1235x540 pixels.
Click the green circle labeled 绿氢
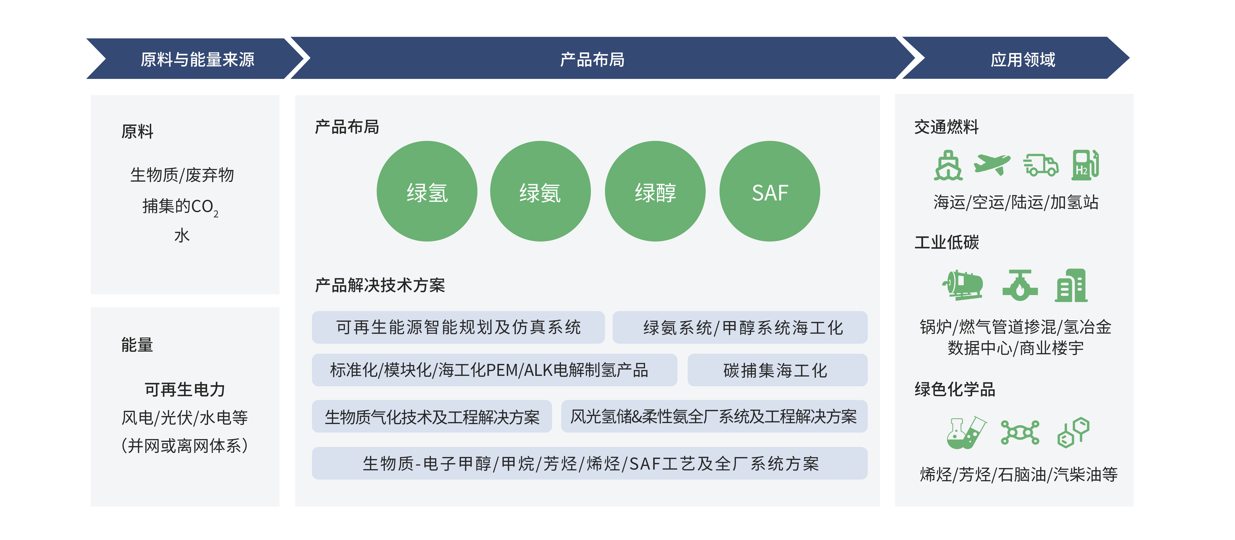coord(427,191)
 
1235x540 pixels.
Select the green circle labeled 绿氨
coord(540,191)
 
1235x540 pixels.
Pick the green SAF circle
coord(769,191)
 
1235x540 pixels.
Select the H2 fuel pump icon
coord(1085,165)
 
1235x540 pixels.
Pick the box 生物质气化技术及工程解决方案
coord(431,416)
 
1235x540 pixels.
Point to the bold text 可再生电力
coord(185,390)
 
